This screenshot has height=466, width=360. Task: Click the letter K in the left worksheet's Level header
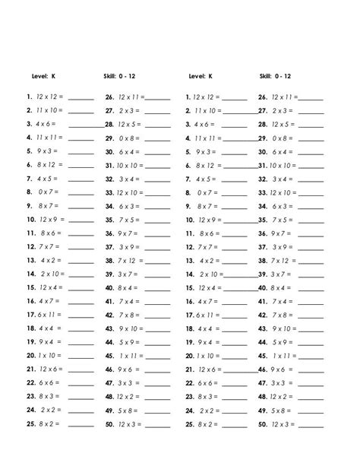tap(53, 76)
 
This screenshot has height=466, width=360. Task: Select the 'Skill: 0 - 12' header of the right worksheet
tap(275, 76)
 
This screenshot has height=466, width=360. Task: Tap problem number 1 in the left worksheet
tap(28, 97)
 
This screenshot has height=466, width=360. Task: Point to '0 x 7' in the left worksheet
tap(47, 192)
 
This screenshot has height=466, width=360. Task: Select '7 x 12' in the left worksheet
tap(126, 260)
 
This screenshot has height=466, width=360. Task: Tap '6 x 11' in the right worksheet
tap(204, 315)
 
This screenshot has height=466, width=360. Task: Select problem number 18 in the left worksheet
tap(31, 328)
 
